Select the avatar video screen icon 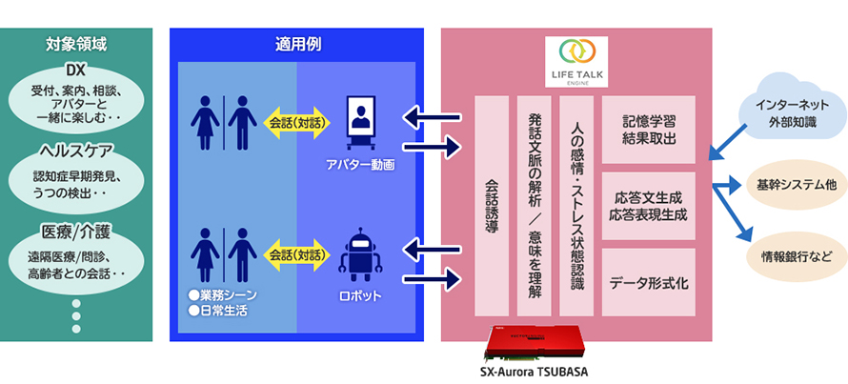pyautogui.click(x=363, y=123)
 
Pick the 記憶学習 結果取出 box pyautogui.click(x=651, y=129)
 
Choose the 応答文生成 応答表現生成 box pyautogui.click(x=651, y=206)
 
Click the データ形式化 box pyautogui.click(x=651, y=283)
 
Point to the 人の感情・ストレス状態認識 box pyautogui.click(x=575, y=206)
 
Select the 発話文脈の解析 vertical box pyautogui.click(x=534, y=206)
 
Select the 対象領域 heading pyautogui.click(x=76, y=43)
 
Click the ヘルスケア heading pyautogui.click(x=76, y=151)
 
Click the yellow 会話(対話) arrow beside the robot pyautogui.click(x=294, y=254)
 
